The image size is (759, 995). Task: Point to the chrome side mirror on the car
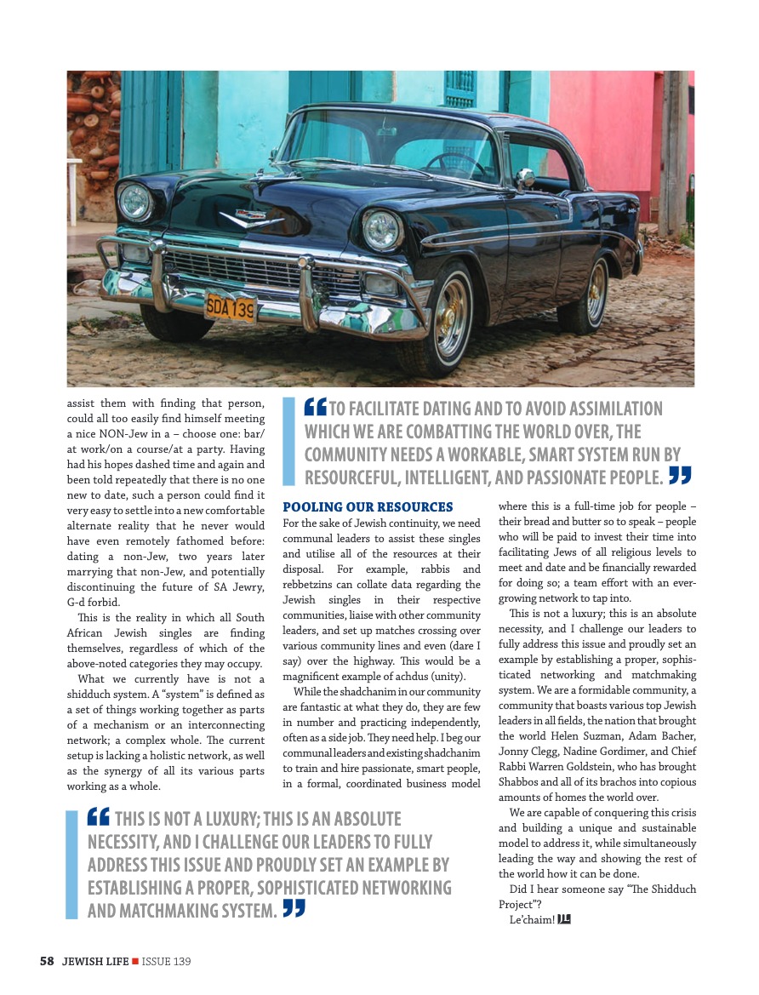(526, 178)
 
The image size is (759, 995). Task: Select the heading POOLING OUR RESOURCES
(368, 507)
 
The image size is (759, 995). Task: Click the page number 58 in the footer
(47, 961)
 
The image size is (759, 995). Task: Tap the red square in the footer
(134, 961)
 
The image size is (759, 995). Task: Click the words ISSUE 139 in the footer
(167, 961)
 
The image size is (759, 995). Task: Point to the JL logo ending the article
(563, 919)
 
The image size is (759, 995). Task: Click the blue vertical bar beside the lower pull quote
(71, 865)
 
